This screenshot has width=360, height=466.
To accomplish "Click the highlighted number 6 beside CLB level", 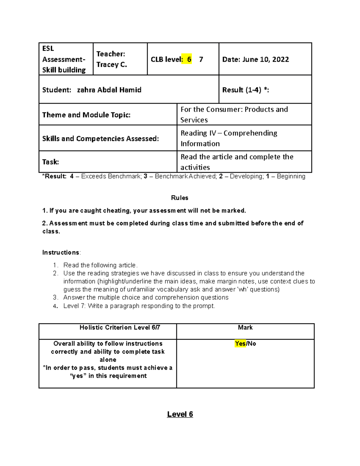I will [x=189, y=59].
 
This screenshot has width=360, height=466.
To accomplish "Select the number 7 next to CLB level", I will [x=201, y=59].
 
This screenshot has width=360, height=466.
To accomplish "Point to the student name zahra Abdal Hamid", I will [x=109, y=90].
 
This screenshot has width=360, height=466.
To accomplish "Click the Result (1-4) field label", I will [x=245, y=90].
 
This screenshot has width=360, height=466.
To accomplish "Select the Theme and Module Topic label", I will [x=86, y=115].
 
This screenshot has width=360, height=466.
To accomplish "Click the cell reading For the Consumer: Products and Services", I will [x=234, y=114].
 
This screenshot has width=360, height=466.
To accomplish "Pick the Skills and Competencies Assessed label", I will [x=100, y=138].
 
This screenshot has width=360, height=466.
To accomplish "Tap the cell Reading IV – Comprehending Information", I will [x=229, y=138].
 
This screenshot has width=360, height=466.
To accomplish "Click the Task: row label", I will [x=50, y=162].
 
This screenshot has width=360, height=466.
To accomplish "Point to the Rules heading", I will [x=180, y=198].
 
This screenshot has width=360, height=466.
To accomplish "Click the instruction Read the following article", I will [x=100, y=265].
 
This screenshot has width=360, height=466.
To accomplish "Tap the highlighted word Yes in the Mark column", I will [x=240, y=344].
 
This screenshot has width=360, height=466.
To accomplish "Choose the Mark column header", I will [x=245, y=327].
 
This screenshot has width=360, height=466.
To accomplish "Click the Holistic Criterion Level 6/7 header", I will [x=120, y=327].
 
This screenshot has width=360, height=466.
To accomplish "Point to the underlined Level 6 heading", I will [x=180, y=414].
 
